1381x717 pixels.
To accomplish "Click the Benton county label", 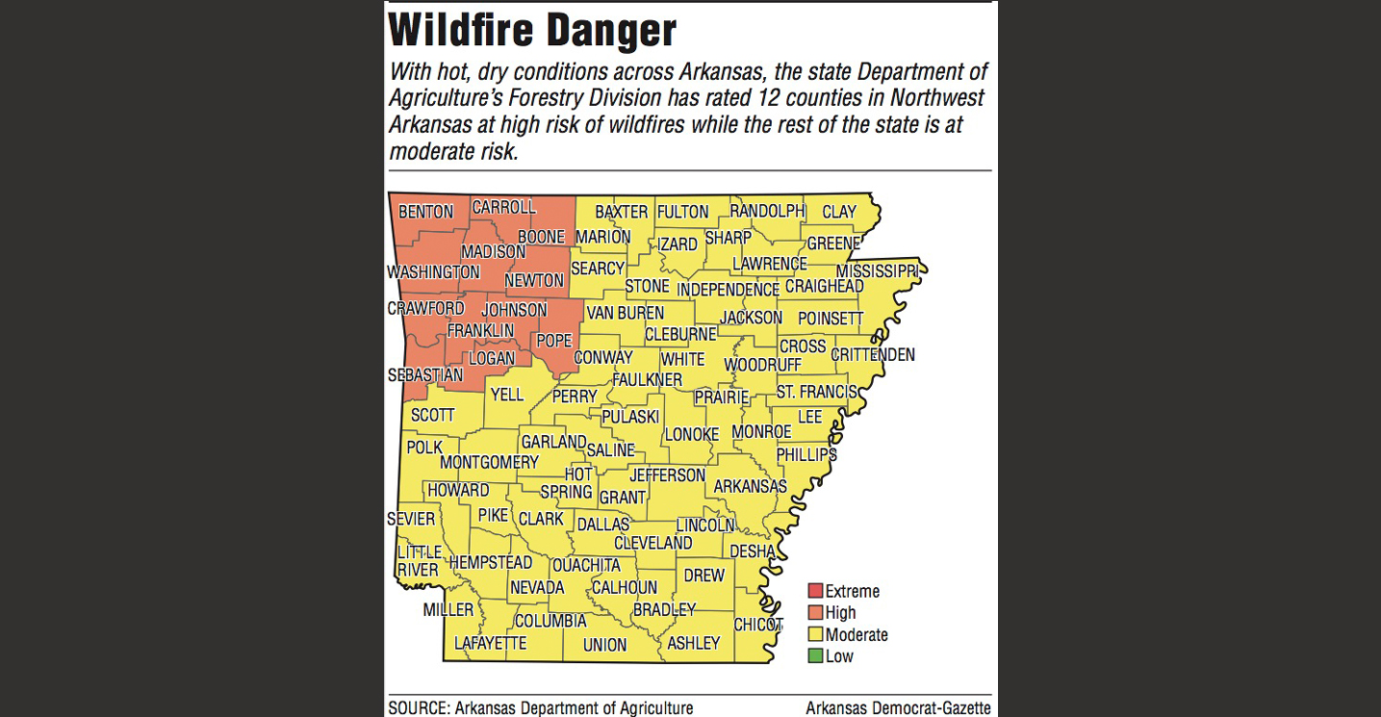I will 425,212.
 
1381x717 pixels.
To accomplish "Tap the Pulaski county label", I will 630,417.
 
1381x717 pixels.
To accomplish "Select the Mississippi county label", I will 877,271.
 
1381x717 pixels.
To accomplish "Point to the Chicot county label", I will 758,625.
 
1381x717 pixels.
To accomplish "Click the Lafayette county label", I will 490,643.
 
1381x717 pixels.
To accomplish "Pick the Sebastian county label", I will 425,374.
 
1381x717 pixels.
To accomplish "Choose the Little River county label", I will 419,561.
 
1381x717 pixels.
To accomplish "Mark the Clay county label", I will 838,212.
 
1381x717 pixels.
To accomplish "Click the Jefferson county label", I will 667,475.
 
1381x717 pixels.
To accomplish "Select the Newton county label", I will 534,280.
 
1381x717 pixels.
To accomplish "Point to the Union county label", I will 604,645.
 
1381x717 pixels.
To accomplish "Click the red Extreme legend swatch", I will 815,591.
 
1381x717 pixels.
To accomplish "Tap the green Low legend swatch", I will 815,656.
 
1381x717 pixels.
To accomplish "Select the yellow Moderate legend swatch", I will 815,634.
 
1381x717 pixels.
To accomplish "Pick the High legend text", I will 840,613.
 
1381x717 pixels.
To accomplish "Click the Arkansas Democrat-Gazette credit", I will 898,708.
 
